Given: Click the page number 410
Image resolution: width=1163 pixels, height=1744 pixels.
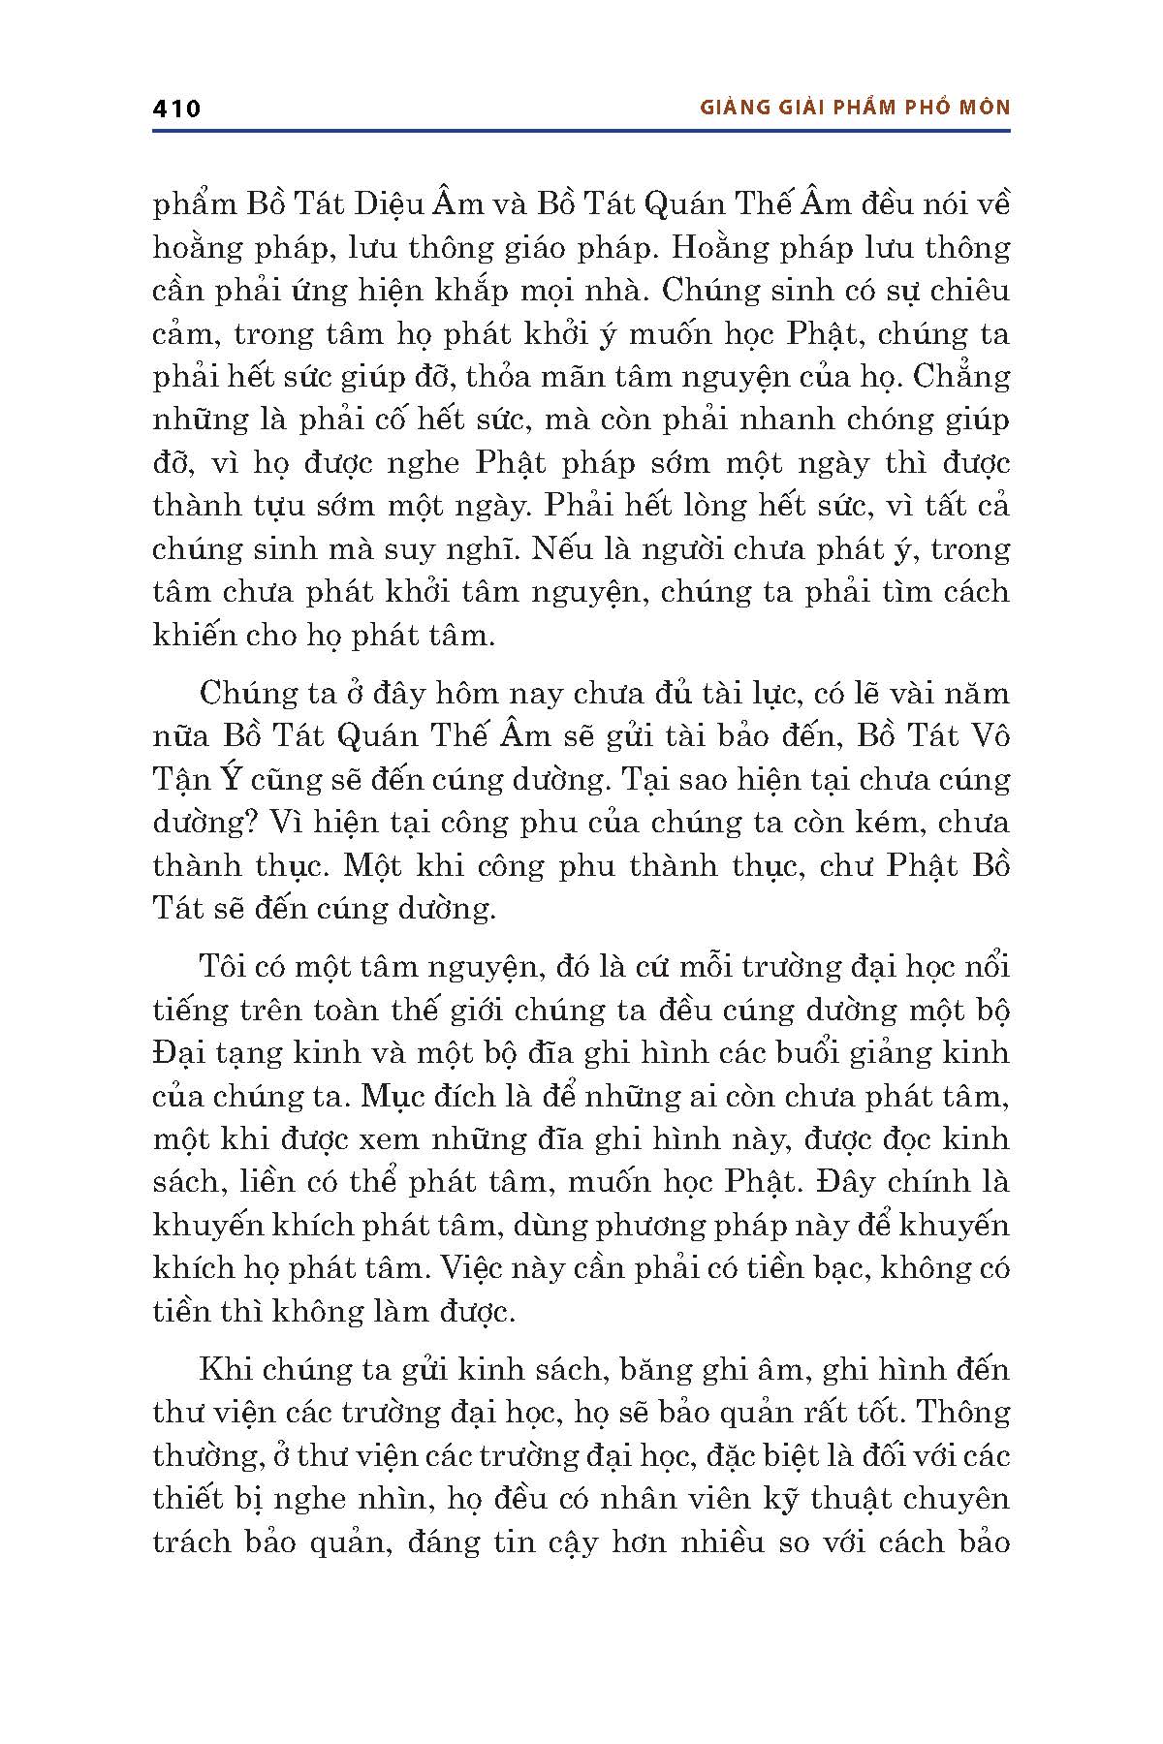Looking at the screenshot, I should click(176, 109).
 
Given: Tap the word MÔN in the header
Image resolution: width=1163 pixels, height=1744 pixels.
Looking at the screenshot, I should click(984, 108).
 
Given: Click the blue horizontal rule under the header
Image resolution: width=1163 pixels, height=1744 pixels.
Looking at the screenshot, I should click(581, 131).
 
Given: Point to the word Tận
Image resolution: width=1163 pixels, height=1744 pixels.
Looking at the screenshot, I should click(177, 780).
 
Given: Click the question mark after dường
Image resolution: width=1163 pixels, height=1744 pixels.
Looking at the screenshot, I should click(247, 823).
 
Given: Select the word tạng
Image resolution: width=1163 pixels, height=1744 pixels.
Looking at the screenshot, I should click(260, 1053).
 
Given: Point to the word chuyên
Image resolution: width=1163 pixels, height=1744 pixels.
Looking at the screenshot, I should click(960, 1499).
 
